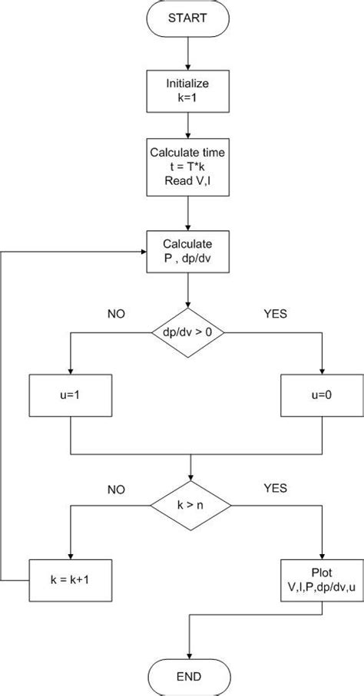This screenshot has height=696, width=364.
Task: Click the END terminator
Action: pos(189,676)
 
